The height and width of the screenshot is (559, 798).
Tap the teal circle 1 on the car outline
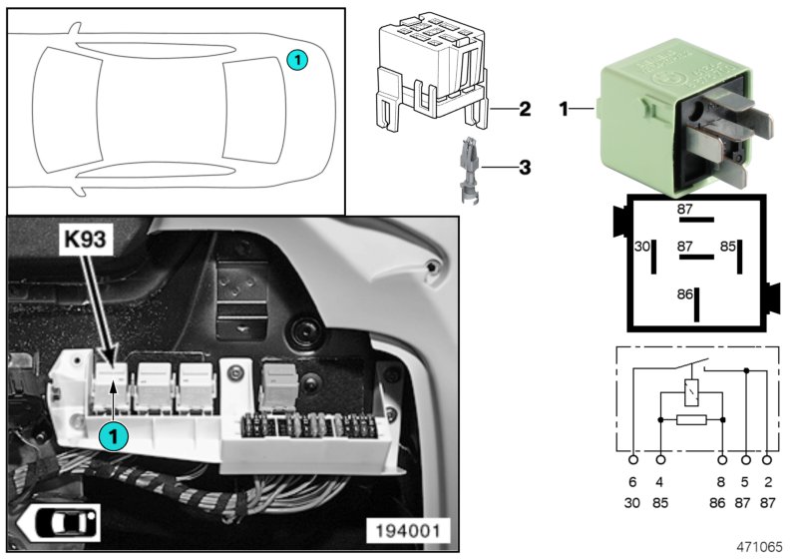tap(297, 60)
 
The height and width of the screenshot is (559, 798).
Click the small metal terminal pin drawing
tap(468, 172)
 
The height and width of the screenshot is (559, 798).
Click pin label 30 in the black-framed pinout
tap(642, 246)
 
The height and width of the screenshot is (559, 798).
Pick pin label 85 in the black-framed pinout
tap(728, 246)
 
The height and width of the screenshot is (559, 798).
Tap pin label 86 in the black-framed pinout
tap(684, 295)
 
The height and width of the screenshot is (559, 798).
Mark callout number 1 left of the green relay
tap(564, 109)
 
